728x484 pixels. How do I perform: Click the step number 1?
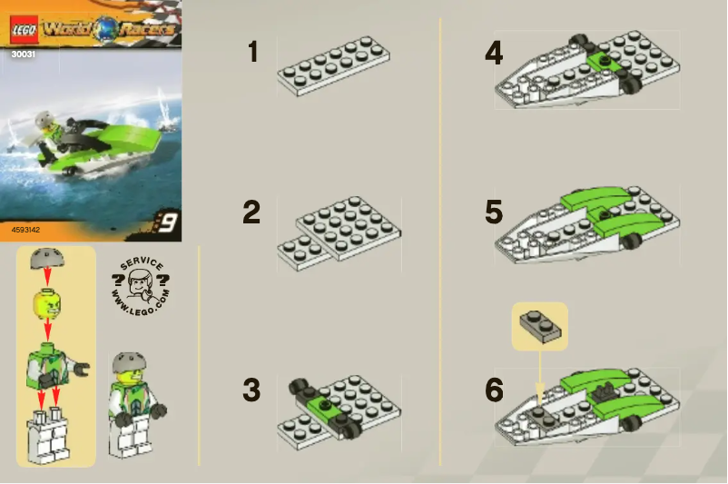click(x=253, y=53)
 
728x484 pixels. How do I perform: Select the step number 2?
click(x=251, y=212)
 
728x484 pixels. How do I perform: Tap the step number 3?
click(x=251, y=390)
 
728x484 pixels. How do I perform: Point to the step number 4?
click(x=494, y=53)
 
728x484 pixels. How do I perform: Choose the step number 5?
click(x=494, y=212)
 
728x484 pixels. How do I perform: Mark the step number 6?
click(x=494, y=390)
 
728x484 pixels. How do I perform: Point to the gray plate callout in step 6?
click(x=539, y=326)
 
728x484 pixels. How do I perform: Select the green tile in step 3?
click(x=320, y=403)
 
